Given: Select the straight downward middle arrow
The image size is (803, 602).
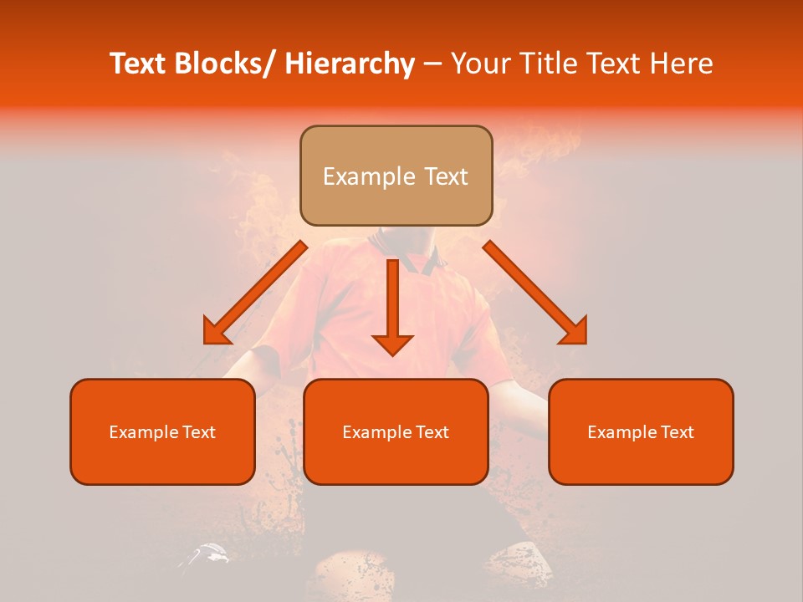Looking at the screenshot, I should coord(392,301).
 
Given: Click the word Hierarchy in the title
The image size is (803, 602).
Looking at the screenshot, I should coord(350,64).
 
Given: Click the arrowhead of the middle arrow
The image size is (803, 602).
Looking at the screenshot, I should coord(392,344).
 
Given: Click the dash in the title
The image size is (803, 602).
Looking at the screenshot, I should coord(432,64).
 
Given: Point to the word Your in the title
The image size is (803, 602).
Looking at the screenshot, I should coord(475,64).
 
